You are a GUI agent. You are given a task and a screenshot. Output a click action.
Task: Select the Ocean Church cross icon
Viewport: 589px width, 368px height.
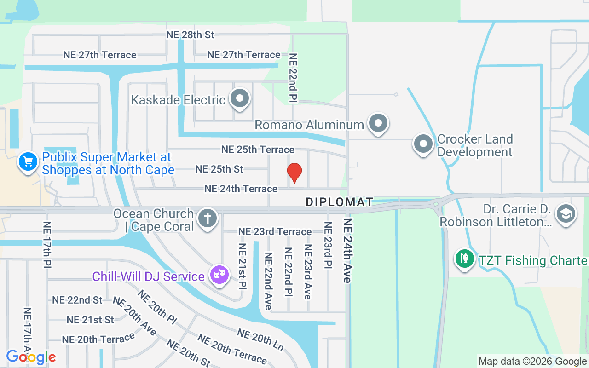point(208,218)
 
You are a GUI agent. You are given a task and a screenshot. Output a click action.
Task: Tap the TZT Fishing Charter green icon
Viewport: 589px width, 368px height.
point(465,258)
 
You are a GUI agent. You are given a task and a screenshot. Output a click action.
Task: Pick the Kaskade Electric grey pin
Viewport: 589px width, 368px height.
point(239,98)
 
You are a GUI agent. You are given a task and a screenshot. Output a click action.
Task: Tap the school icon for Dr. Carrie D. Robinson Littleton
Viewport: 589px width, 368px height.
point(566,213)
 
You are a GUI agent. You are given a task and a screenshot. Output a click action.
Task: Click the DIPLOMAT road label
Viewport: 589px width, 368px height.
point(340,202)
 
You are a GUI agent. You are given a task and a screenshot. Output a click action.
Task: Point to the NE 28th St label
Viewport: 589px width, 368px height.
point(191,34)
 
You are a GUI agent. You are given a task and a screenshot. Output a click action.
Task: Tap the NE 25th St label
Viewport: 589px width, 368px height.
point(219,169)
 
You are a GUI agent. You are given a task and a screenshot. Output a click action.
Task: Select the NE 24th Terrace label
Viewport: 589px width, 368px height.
point(241,189)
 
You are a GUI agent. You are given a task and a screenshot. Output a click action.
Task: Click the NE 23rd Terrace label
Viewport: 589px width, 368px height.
point(275,231)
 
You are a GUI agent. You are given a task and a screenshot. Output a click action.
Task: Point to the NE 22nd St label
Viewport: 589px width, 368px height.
point(77,300)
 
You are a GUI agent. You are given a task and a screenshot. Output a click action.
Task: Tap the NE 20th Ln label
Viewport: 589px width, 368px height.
point(260,339)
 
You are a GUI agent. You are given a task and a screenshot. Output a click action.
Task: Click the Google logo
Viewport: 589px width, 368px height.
point(31,357)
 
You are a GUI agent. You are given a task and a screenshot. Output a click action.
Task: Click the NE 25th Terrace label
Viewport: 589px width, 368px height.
point(258,149)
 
